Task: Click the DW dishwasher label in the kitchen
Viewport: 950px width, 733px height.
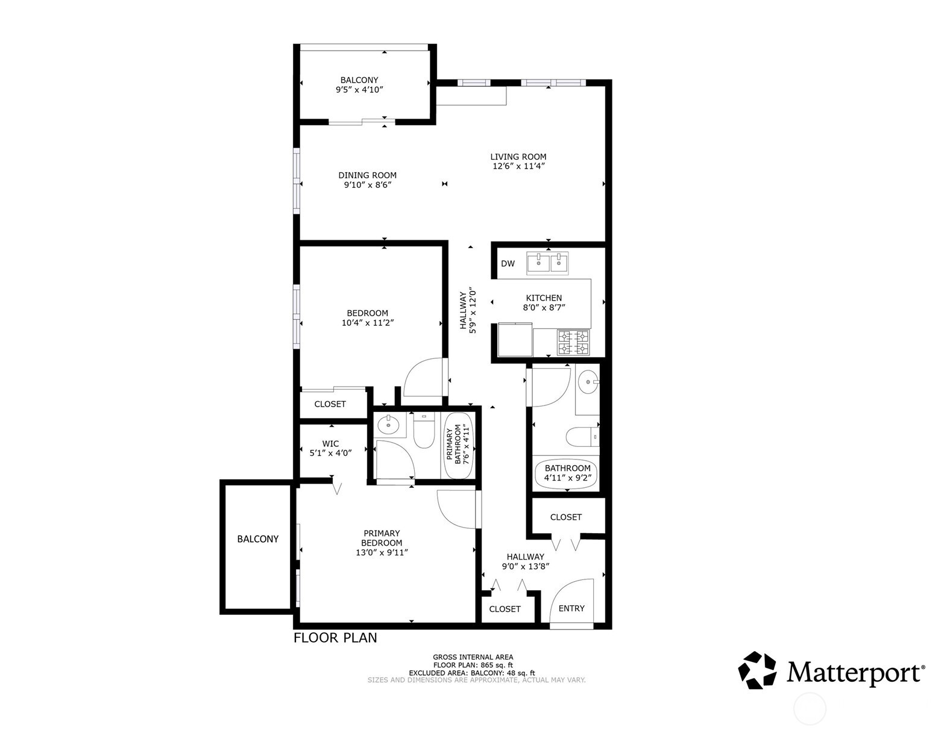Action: click(x=508, y=264)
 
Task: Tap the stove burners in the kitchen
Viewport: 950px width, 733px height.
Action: click(x=573, y=342)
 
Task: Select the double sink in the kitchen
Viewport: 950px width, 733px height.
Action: click(x=547, y=263)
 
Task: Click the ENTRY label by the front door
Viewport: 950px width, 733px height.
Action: click(x=571, y=608)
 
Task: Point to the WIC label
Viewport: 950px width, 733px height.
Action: click(x=330, y=443)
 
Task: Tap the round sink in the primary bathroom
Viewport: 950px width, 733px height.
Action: click(x=388, y=425)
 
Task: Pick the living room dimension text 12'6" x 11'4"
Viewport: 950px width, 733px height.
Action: click(x=518, y=167)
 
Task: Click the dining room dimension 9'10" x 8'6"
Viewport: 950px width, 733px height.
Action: click(x=368, y=185)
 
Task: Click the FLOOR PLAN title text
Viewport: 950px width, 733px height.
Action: click(x=335, y=638)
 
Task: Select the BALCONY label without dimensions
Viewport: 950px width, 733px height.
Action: click(x=258, y=539)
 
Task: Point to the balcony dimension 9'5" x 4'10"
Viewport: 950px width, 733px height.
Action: click(x=360, y=90)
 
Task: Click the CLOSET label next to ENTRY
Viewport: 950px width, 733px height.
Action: click(x=505, y=609)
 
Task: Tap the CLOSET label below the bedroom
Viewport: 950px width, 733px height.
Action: click(x=330, y=404)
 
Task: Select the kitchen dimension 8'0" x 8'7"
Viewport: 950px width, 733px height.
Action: click(x=544, y=308)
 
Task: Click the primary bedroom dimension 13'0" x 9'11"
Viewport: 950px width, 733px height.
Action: click(x=382, y=552)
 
